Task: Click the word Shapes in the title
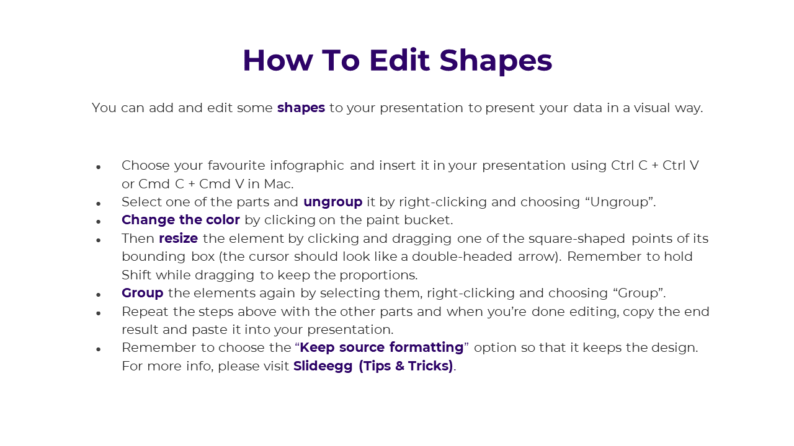click(496, 61)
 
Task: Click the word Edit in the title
click(399, 60)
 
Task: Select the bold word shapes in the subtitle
click(301, 108)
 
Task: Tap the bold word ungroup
click(333, 203)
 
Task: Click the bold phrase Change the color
click(181, 220)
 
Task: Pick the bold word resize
click(178, 238)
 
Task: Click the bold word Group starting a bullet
click(143, 294)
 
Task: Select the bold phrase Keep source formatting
click(381, 348)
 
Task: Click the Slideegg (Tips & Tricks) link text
click(373, 366)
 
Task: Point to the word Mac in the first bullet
click(279, 184)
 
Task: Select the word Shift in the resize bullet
click(136, 275)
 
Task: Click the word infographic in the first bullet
click(307, 166)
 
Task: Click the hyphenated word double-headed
click(462, 256)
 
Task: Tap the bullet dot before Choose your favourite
click(99, 167)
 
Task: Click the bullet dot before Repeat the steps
click(99, 313)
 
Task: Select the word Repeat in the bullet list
click(145, 312)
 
